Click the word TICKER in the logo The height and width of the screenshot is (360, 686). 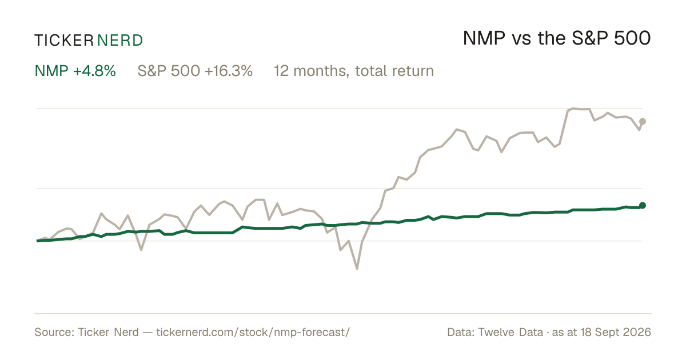pos(63,41)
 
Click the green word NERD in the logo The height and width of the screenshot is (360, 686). pos(119,41)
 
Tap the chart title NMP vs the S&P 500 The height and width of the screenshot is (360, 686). pos(557,38)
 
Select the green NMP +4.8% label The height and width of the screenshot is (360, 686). pos(75,71)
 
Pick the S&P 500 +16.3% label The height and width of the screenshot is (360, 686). pos(195,71)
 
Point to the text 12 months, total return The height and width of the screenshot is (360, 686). pos(354,71)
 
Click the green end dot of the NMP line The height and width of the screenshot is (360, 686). pos(643,205)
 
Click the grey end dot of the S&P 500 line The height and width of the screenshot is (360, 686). pos(643,122)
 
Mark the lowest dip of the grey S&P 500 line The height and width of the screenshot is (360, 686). pos(357,269)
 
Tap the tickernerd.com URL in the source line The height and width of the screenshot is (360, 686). pos(253,332)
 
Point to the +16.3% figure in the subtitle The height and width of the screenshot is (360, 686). pos(229,71)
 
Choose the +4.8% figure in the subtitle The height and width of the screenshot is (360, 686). pos(95,71)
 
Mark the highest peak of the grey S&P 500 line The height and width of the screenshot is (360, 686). pos(573,109)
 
